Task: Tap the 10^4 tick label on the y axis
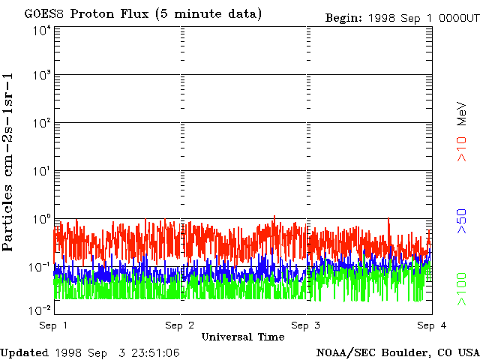(x=42, y=31)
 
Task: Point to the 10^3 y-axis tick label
(x=42, y=75)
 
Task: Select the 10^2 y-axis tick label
(x=42, y=123)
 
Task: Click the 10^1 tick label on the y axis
(x=42, y=171)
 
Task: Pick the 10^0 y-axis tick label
(x=42, y=219)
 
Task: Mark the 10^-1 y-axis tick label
(x=40, y=267)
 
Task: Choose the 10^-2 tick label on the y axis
(x=40, y=310)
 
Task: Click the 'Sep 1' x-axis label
(x=54, y=325)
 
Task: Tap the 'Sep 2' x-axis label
(x=180, y=325)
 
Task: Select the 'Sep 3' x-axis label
(x=306, y=325)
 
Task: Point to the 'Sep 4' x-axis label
(x=432, y=325)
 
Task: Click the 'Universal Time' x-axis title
(x=243, y=337)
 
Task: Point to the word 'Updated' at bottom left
(x=25, y=352)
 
